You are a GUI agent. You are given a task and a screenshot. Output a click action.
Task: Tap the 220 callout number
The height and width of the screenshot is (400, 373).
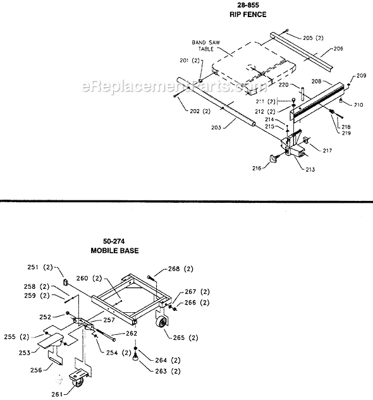tap(284, 85)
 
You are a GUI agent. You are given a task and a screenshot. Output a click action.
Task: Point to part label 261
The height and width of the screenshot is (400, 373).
tap(58, 393)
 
